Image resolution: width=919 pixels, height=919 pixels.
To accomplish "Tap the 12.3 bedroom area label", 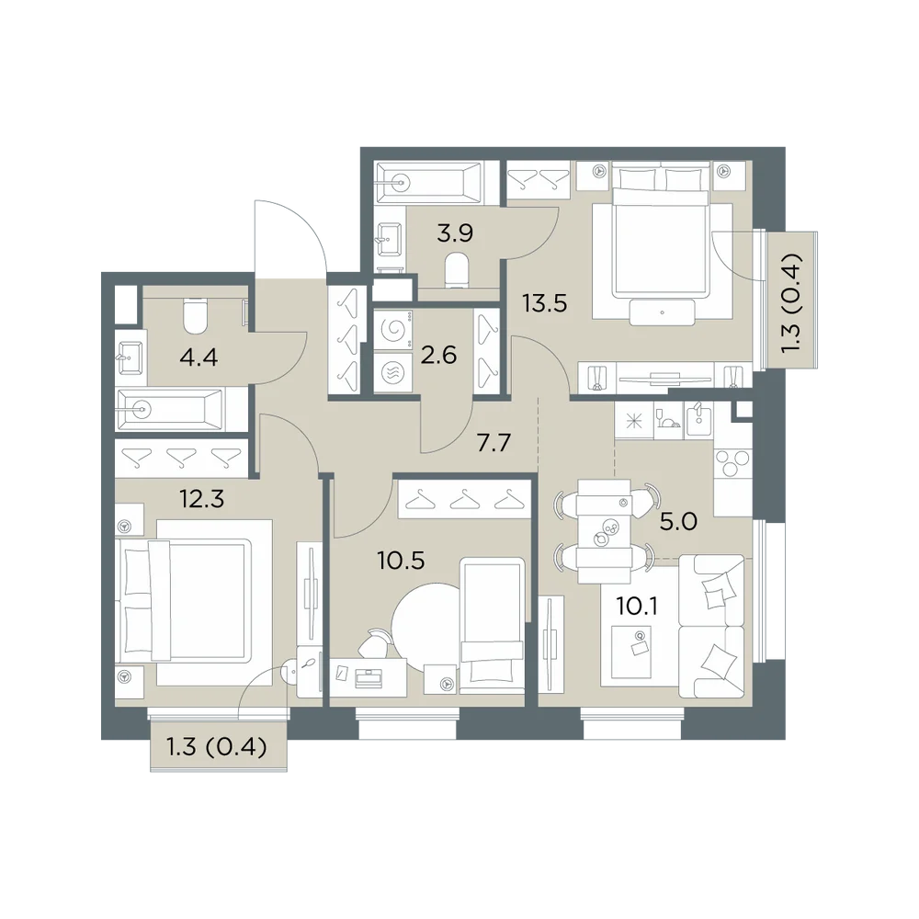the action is [201, 499].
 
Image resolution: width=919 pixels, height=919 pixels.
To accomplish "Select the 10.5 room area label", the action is [402, 561].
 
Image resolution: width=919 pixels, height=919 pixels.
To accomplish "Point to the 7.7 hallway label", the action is [494, 443].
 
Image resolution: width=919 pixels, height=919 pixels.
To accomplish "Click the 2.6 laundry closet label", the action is [438, 355].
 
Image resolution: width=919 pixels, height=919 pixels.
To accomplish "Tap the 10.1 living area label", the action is [637, 606].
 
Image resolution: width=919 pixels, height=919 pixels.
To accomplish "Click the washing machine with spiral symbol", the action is [392, 330].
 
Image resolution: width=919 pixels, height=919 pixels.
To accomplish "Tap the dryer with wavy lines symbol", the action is [392, 372].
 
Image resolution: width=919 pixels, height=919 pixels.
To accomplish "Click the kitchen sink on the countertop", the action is [698, 419].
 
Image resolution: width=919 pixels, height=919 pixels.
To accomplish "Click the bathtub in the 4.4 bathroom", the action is [170, 409].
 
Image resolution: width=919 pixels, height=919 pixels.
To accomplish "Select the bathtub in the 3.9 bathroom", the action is [429, 183].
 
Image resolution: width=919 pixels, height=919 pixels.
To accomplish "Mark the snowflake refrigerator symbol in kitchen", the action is [633, 420].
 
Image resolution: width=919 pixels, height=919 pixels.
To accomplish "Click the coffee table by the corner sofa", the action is [631, 652].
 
